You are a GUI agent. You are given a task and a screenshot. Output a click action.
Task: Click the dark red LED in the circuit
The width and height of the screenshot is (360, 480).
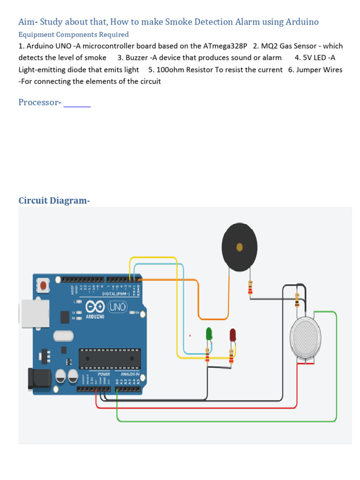232,335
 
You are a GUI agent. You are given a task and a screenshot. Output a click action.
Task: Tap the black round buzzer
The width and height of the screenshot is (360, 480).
240,247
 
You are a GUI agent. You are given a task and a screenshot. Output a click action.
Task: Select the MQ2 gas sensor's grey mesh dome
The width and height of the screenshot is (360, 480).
306,336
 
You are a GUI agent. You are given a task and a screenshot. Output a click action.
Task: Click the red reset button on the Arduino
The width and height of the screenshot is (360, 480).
44,285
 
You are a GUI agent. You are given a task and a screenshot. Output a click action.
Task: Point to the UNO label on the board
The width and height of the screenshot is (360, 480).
117,307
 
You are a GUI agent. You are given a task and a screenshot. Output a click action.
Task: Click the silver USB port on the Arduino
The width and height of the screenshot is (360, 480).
34,314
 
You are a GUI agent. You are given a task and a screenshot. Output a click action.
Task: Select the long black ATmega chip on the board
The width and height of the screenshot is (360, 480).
110,359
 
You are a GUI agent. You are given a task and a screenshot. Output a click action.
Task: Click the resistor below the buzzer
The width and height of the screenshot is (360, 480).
250,288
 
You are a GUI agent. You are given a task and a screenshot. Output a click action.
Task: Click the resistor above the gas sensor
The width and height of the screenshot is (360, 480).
297,300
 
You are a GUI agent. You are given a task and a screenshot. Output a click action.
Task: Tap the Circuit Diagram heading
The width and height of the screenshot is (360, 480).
54,201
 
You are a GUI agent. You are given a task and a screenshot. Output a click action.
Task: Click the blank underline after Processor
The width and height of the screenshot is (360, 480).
77,104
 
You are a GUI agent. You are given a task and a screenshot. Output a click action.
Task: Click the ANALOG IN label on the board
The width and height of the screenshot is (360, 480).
130,374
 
